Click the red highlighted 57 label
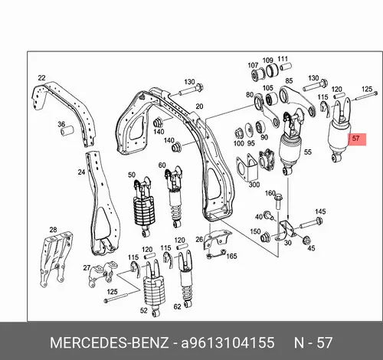pyautogui.click(x=356, y=139)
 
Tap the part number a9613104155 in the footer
pyautogui.click(x=228, y=342)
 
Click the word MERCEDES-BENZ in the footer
pyautogui.click(x=110, y=342)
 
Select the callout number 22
pyautogui.click(x=41, y=78)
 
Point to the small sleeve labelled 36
pyautogui.click(x=67, y=131)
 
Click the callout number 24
pyautogui.click(x=81, y=172)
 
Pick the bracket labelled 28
pyautogui.click(x=56, y=259)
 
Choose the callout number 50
pyautogui.click(x=132, y=175)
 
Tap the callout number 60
pyautogui.click(x=162, y=165)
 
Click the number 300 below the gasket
pyautogui.click(x=254, y=185)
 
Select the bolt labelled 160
pyautogui.click(x=278, y=201)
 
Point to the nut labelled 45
pyautogui.click(x=306, y=240)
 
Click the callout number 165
pyautogui.click(x=231, y=256)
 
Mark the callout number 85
pyautogui.click(x=289, y=80)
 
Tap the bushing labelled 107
pyautogui.click(x=257, y=74)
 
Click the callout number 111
pyautogui.click(x=283, y=59)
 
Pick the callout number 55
pyautogui.click(x=308, y=152)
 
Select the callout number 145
pyautogui.click(x=320, y=211)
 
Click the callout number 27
pyautogui.click(x=87, y=267)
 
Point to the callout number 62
pyautogui.click(x=177, y=306)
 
